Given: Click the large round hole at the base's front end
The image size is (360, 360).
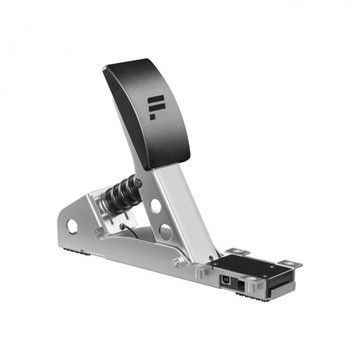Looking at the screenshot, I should pyautogui.click(x=72, y=226).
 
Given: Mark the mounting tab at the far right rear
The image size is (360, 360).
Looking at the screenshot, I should pyautogui.click(x=290, y=264).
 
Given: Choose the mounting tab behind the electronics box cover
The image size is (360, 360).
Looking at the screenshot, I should pyautogui.click(x=237, y=251).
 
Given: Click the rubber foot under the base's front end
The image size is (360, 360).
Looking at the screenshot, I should pyautogui.click(x=78, y=251).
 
